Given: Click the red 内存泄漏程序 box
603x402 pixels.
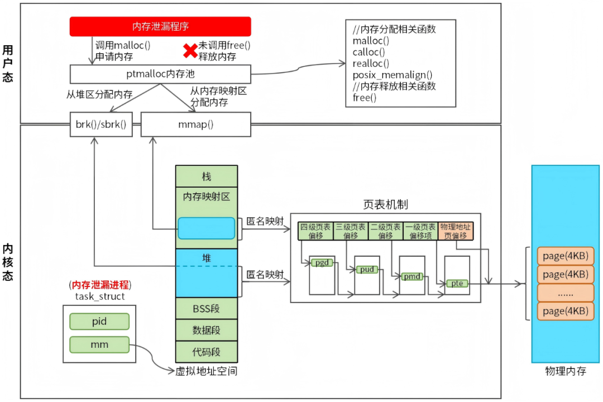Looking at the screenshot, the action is (160, 27).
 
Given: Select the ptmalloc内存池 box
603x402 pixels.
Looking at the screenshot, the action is (160, 74).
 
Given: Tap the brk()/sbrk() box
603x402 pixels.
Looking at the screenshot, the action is (101, 125).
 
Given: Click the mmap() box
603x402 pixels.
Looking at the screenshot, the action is (196, 125).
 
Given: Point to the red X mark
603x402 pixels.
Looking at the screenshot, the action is (190, 51).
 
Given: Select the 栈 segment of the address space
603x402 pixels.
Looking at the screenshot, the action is (207, 176).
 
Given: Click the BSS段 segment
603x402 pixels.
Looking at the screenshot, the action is (207, 309).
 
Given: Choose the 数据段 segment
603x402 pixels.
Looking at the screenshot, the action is (207, 330).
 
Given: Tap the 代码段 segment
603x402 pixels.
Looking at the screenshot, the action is (207, 352).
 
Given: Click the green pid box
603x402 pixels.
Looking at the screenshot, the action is (99, 322).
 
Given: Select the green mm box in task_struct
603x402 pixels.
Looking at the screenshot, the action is (99, 344).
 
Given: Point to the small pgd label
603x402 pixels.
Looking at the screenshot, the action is (322, 263).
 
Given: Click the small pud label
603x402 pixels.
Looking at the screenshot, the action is (367, 269).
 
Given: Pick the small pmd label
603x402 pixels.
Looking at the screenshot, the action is (412, 276).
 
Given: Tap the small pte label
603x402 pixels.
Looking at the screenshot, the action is (457, 284).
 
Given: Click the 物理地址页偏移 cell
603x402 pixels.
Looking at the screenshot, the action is (456, 231).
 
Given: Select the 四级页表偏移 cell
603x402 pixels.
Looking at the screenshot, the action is (315, 231).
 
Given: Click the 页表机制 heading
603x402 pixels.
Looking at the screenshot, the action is (385, 205).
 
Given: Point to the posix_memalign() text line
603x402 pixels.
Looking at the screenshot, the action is (393, 75).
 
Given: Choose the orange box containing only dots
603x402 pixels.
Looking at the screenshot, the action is (565, 293).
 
